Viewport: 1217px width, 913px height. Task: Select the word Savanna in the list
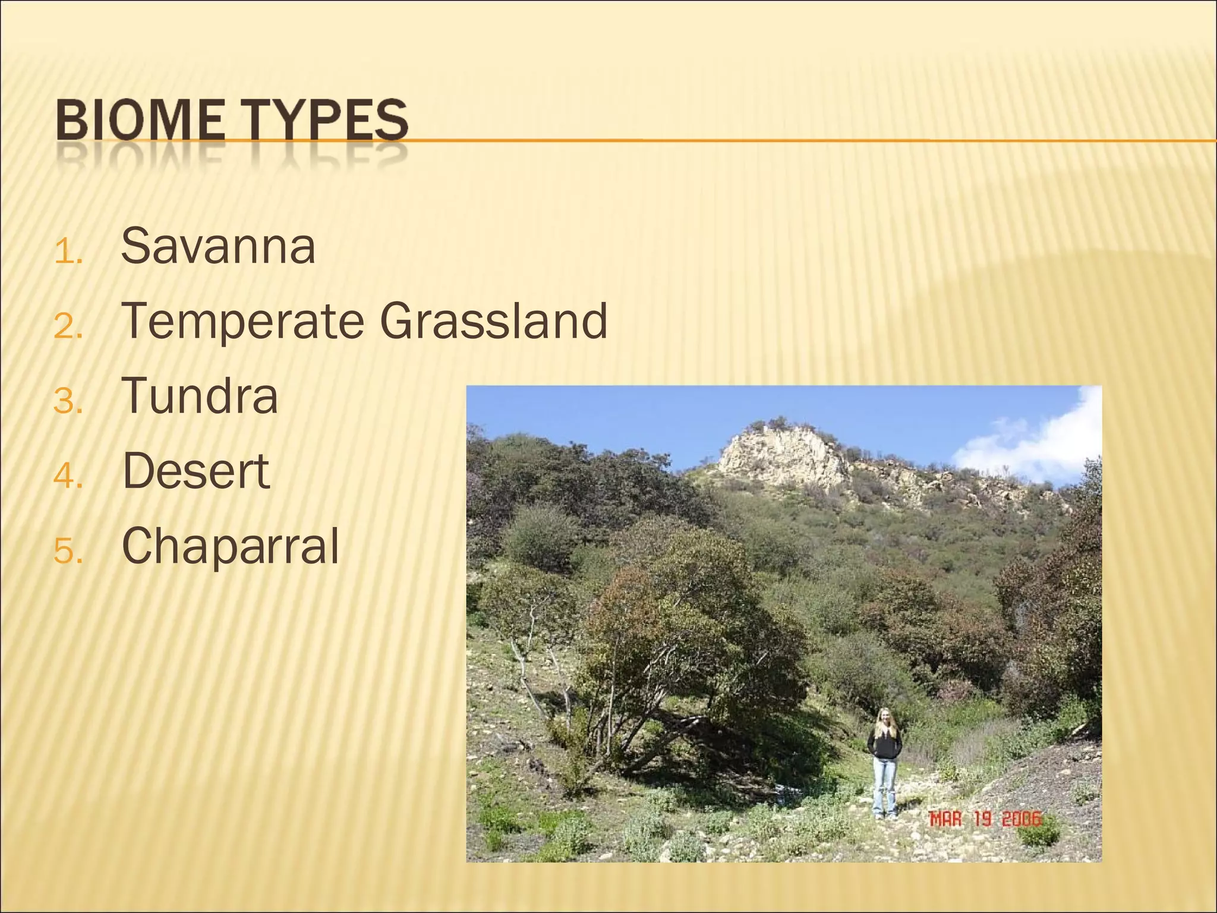tap(217, 247)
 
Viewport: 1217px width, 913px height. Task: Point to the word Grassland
tap(493, 321)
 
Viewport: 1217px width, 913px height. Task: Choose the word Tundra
tap(200, 396)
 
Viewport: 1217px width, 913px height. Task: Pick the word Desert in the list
tap(196, 471)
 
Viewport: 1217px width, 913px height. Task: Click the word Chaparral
tap(230, 546)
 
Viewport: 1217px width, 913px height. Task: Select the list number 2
tap(67, 327)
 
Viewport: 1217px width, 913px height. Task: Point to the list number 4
tap(67, 477)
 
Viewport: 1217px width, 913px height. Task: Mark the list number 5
tap(67, 552)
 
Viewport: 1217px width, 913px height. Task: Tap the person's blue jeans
tap(884, 788)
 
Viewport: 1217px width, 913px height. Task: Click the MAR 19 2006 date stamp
tap(985, 820)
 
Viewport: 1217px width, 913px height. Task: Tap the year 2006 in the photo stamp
tap(1021, 820)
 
